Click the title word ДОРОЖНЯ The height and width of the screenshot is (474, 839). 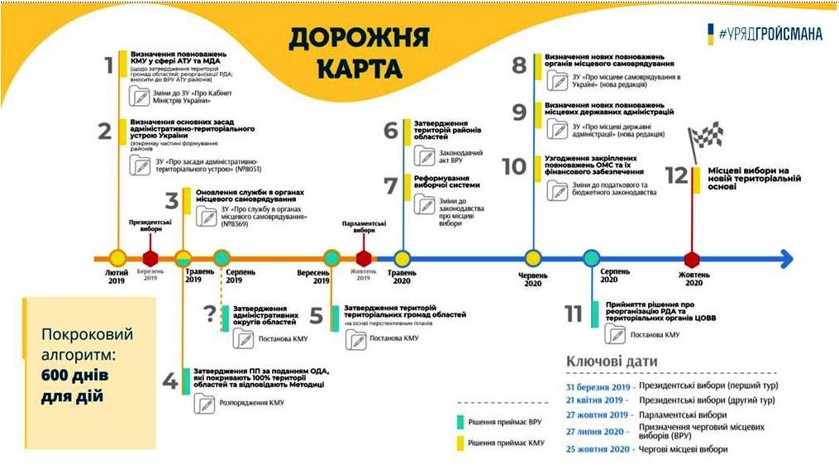tap(360, 38)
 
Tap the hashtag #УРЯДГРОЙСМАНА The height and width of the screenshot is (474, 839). tap(771, 34)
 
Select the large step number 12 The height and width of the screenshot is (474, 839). tap(676, 175)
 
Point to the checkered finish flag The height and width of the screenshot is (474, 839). tap(707, 136)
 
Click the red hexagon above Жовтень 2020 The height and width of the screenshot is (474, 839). tap(693, 259)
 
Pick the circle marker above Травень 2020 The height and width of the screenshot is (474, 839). tap(402, 258)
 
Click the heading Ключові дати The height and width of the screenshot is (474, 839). tap(612, 361)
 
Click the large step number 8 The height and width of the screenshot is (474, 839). tap(519, 66)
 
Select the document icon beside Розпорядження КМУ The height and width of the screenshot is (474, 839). tap(204, 403)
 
